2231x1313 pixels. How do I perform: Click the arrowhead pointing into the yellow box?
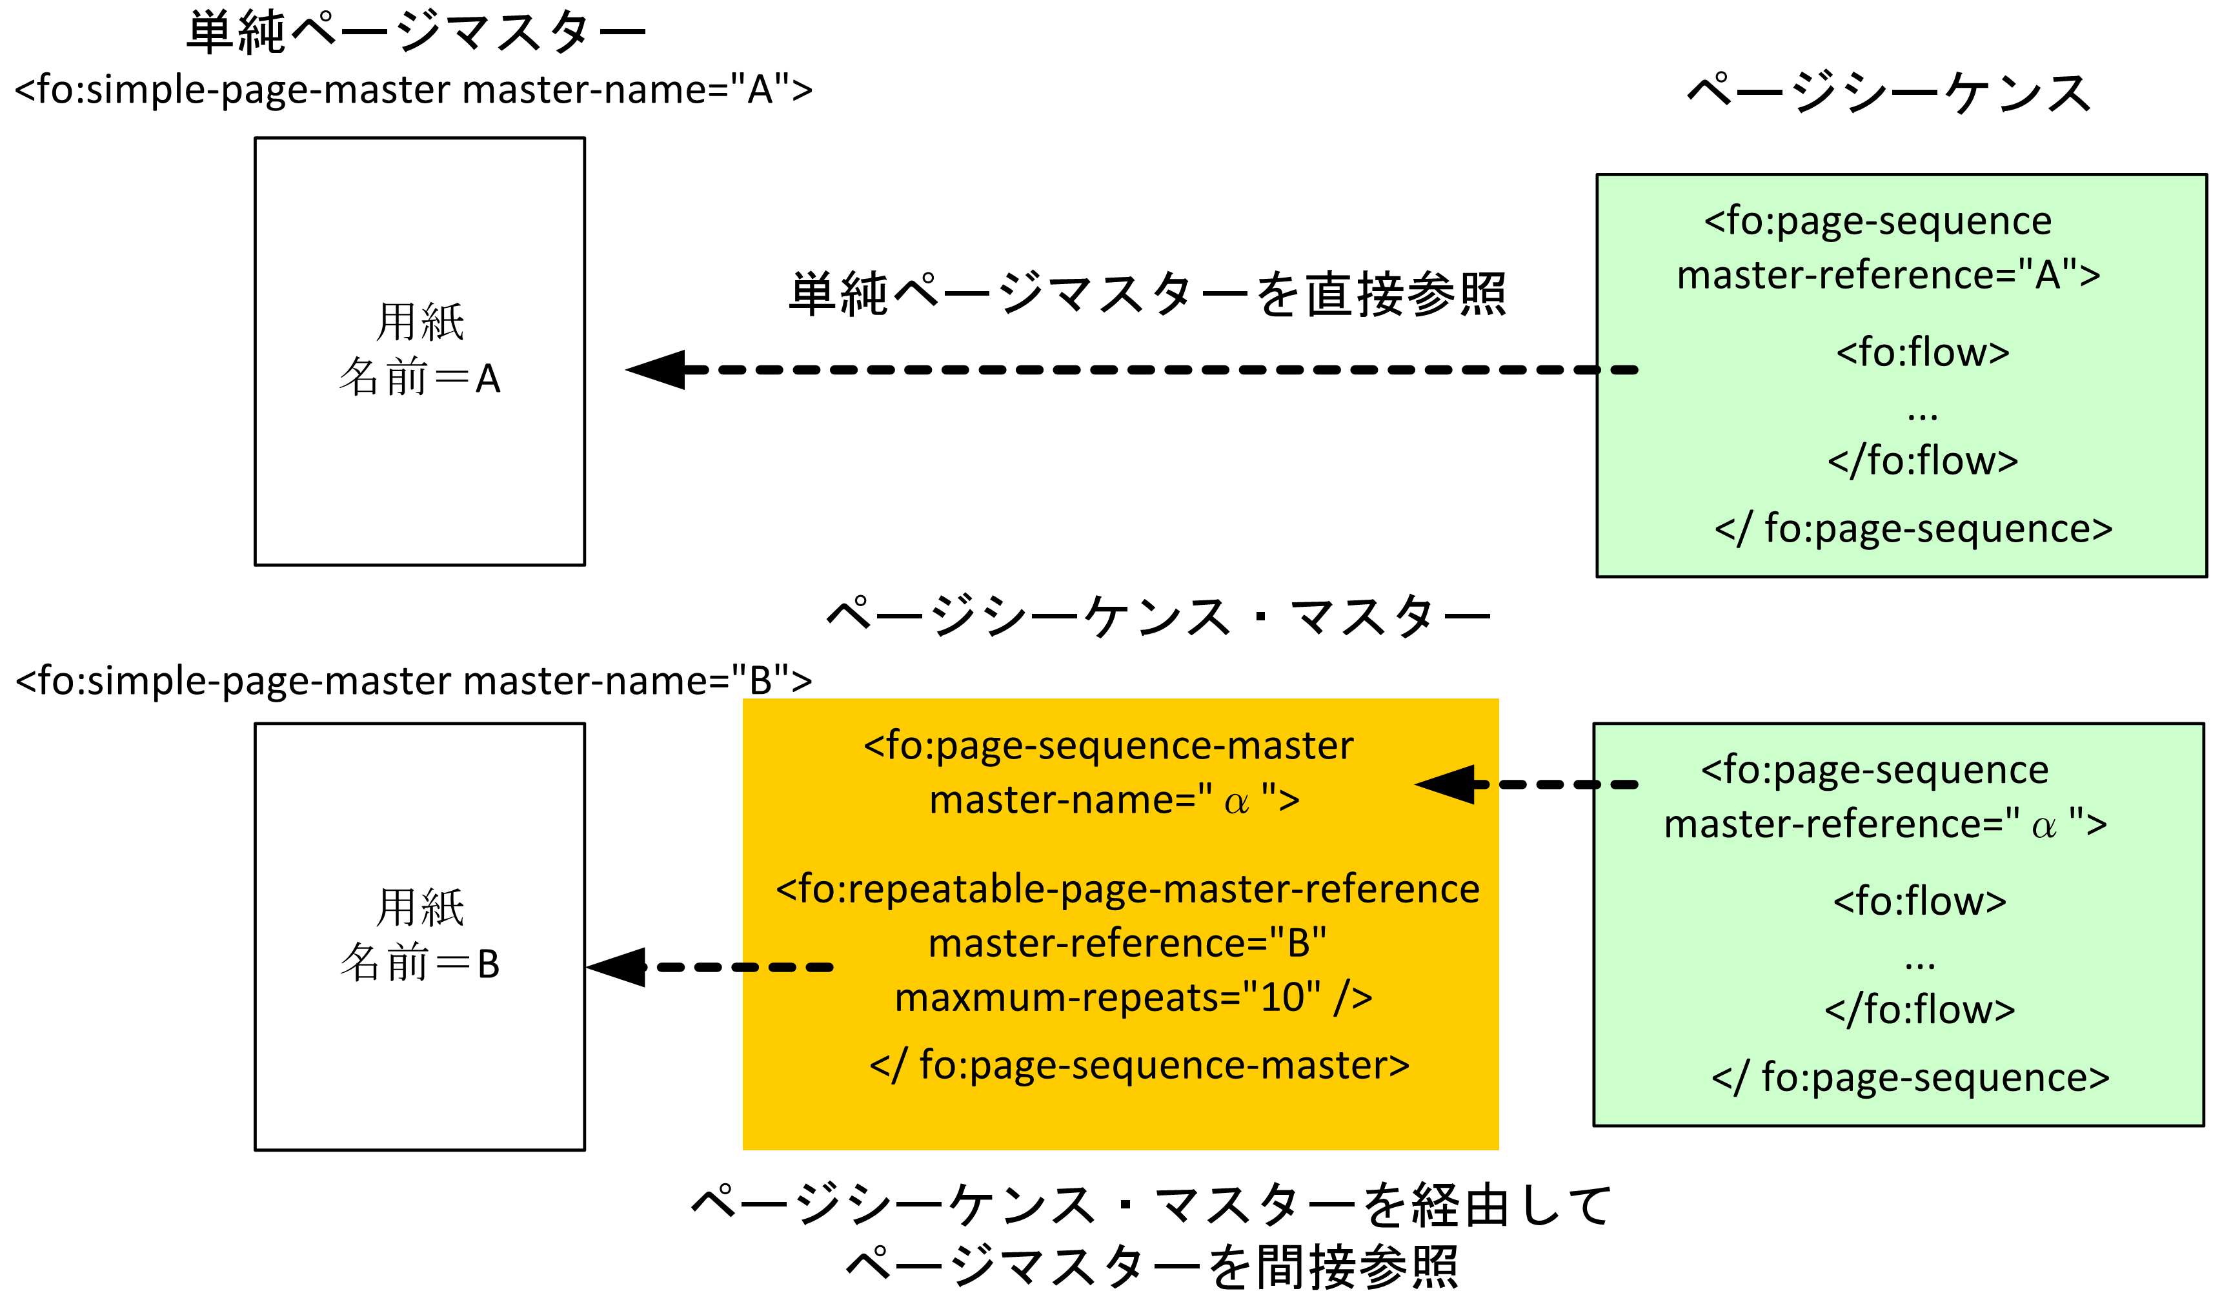pyautogui.click(x=1447, y=784)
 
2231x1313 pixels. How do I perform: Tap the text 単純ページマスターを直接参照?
pyautogui.click(x=1147, y=295)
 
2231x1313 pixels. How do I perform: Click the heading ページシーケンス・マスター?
pyautogui.click(x=1158, y=617)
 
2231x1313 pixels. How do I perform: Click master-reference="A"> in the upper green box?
pyautogui.click(x=1888, y=276)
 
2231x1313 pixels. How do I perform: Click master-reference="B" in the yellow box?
pyautogui.click(x=1127, y=944)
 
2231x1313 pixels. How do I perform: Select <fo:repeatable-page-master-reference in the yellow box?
pyautogui.click(x=1127, y=889)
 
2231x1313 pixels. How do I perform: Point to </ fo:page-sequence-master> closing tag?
pyautogui.click(x=1140, y=1065)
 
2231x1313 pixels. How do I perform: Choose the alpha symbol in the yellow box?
pyautogui.click(x=1236, y=802)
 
